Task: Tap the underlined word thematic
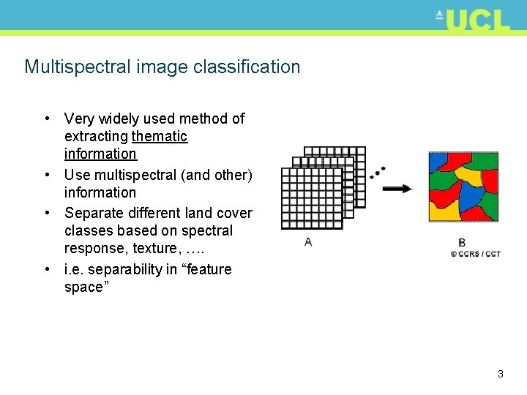160,136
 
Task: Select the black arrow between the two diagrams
397,189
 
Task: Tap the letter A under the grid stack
308,242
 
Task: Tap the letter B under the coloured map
462,242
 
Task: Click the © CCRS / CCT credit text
475,254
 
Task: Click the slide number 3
500,374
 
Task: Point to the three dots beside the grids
378,173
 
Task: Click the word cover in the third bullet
235,213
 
